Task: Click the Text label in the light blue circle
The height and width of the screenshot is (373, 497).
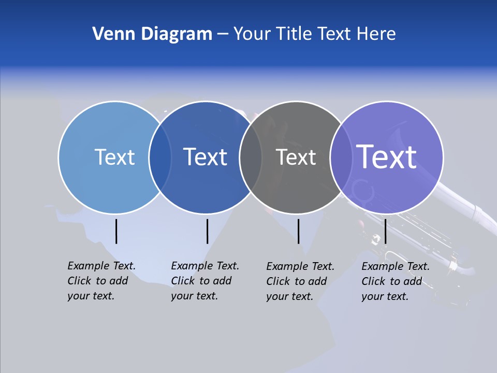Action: pos(114,157)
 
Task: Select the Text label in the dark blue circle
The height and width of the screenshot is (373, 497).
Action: pos(205,157)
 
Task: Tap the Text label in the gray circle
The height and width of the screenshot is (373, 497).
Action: pos(296,157)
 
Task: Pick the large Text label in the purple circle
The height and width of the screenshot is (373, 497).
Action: pos(387,157)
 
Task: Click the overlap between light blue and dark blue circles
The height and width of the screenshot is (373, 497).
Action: pos(160,157)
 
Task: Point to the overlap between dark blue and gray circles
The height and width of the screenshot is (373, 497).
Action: pos(251,157)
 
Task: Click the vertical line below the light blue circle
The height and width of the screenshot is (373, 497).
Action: pos(116,231)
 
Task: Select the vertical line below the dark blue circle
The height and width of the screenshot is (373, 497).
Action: pos(207,231)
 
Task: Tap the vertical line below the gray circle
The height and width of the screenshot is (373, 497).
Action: pos(298,231)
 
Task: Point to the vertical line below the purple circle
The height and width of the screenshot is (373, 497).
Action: pos(386,231)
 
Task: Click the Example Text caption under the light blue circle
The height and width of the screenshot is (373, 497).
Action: pos(101,281)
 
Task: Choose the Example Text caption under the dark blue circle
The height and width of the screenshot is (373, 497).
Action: pos(204,281)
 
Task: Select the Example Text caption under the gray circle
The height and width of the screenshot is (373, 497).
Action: pos(300,281)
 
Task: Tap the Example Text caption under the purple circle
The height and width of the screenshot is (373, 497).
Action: pos(395,281)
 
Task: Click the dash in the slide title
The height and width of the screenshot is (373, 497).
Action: pos(223,35)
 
